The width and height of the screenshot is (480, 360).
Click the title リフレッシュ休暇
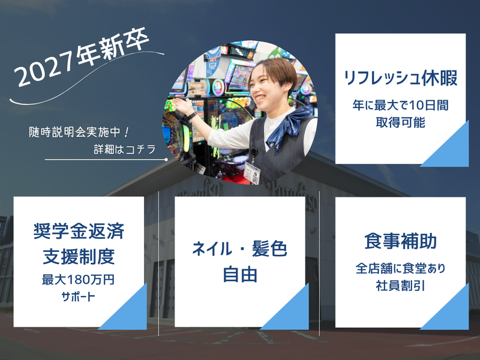(400, 78)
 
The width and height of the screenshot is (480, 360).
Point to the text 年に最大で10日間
(400, 105)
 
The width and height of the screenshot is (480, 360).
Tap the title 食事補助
(400, 242)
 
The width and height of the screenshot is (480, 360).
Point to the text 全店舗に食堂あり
(400, 268)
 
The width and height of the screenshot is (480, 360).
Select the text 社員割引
(400, 286)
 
